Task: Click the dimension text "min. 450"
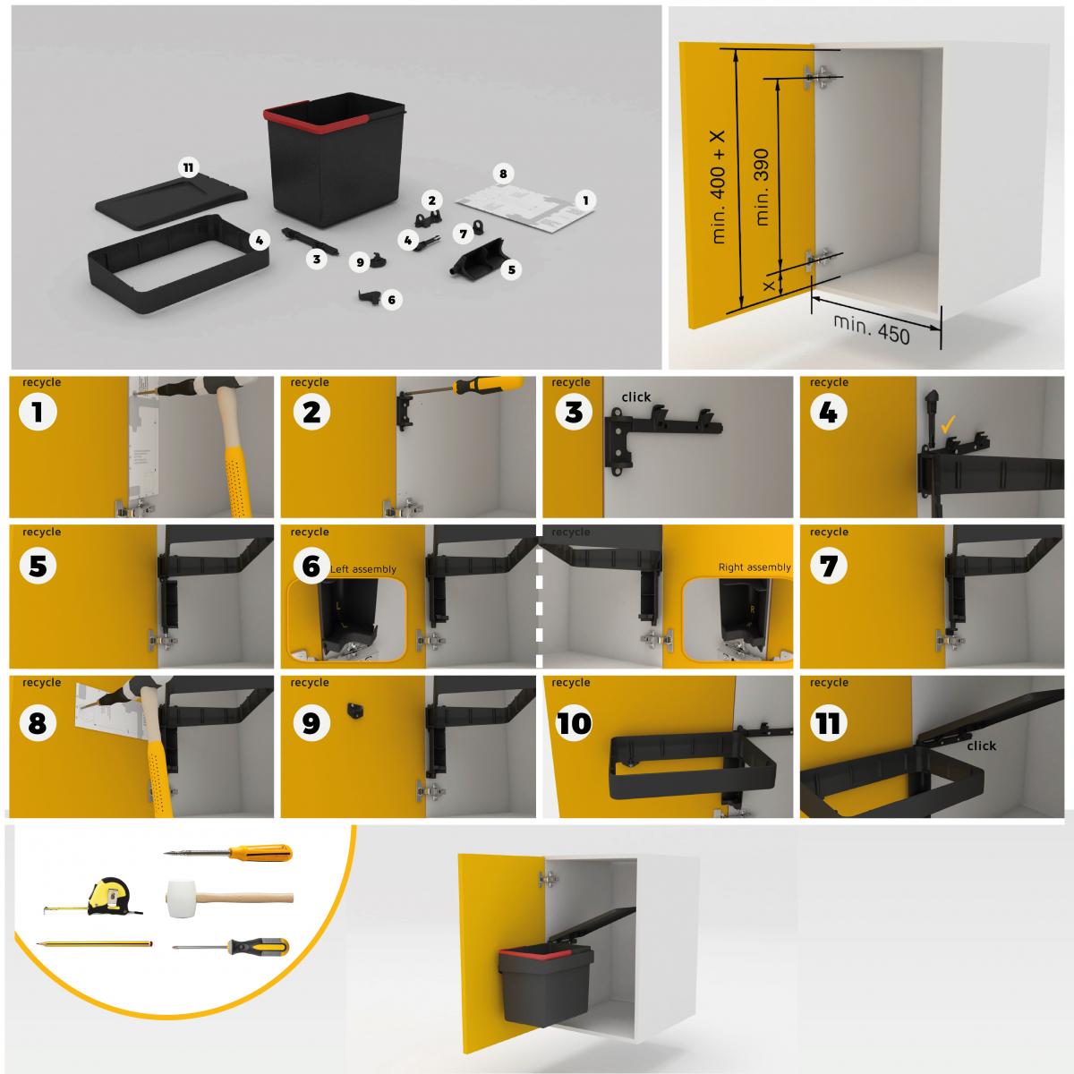[x=871, y=328]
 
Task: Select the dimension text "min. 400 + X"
[x=719, y=186]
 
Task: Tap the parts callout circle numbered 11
[x=188, y=167]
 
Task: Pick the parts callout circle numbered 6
[x=391, y=301]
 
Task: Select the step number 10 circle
[x=574, y=722]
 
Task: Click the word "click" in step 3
[x=635, y=396]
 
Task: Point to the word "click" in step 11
[x=981, y=746]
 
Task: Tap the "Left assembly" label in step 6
[x=362, y=568]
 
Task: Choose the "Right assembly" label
[x=754, y=567]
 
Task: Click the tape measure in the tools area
[x=107, y=896]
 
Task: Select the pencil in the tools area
[x=94, y=943]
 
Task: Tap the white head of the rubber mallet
[x=181, y=896]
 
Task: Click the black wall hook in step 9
[x=355, y=707]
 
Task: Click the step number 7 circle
[x=828, y=566]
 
